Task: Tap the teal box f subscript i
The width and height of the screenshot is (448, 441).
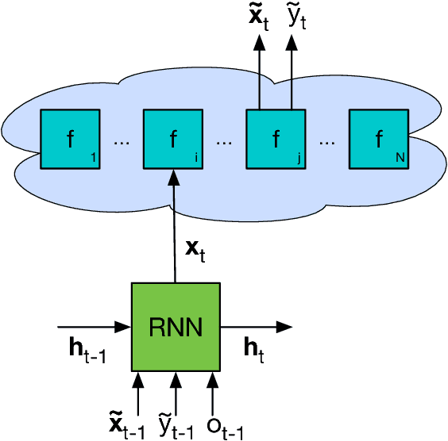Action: [x=173, y=140]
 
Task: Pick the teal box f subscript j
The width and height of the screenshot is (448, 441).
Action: [x=276, y=140]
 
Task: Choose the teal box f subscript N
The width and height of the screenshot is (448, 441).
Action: [x=379, y=140]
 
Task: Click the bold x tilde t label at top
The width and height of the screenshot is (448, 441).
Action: [x=257, y=18]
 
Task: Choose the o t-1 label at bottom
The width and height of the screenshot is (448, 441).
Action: [x=224, y=422]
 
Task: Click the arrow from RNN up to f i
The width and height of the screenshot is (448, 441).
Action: [x=174, y=230]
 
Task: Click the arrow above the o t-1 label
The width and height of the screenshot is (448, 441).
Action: [x=211, y=388]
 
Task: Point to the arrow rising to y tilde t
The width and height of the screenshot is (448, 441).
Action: [x=291, y=71]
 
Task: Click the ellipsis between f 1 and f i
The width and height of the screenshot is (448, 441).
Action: [x=122, y=143]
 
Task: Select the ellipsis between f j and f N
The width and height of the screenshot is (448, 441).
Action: [x=327, y=143]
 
